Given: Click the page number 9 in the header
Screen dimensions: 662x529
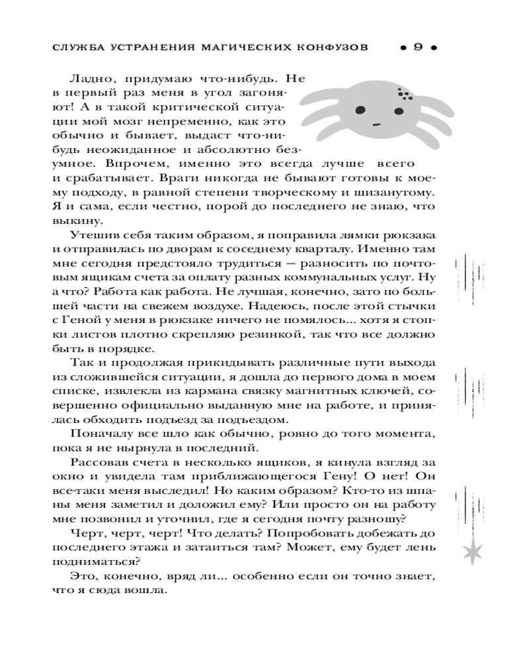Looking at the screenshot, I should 417,48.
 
